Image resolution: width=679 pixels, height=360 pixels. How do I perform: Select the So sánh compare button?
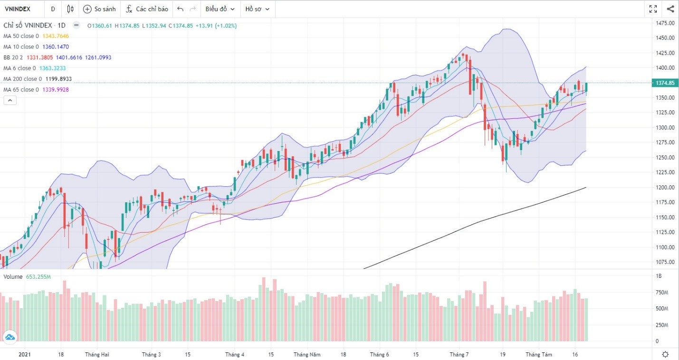pyautogui.click(x=99, y=9)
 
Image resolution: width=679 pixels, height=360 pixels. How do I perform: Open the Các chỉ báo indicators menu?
pyautogui.click(x=147, y=9)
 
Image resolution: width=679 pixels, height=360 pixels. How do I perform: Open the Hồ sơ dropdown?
pyautogui.click(x=257, y=9)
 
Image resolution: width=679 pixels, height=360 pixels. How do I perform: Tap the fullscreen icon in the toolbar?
pyautogui.click(x=653, y=9)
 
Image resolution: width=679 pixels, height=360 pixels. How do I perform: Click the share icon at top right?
pyautogui.click(x=670, y=9)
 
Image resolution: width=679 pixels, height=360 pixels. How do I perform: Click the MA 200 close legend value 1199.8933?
pyautogui.click(x=58, y=79)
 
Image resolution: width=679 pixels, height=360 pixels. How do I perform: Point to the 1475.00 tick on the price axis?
pyautogui.click(x=665, y=23)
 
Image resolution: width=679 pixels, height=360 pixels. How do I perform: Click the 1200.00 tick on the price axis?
pyautogui.click(x=665, y=188)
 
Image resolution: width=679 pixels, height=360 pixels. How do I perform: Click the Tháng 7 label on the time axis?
pyautogui.click(x=459, y=355)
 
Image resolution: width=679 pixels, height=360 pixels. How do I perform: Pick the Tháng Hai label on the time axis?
pyautogui.click(x=97, y=355)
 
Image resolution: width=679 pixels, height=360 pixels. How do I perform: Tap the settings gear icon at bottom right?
pyautogui.click(x=665, y=354)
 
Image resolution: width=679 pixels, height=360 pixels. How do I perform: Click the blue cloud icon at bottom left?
pyautogui.click(x=10, y=337)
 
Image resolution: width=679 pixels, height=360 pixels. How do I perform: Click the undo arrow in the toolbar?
pyautogui.click(x=180, y=9)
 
